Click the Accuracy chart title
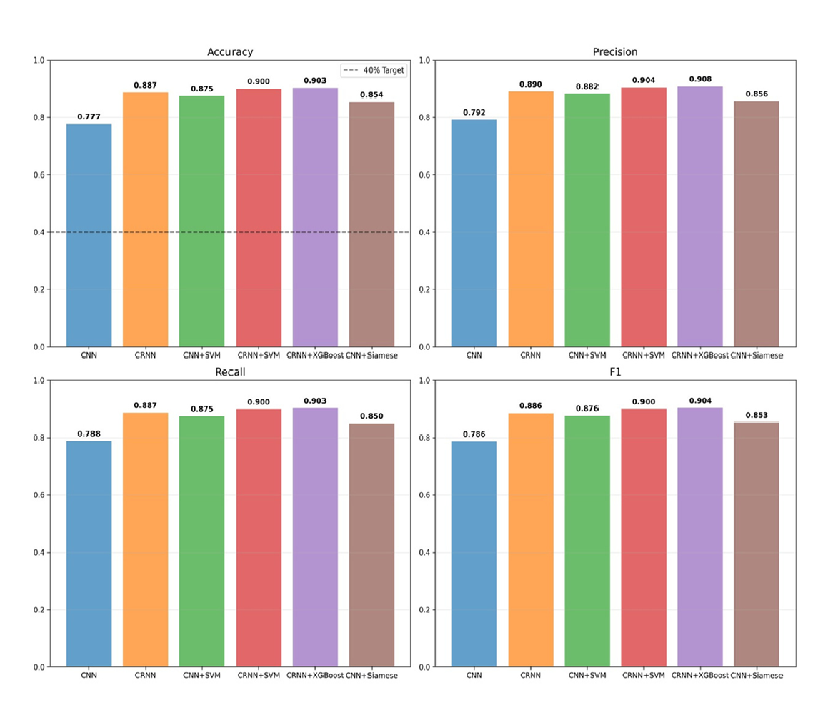(230, 52)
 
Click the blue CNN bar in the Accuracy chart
(89, 236)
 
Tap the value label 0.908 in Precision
(700, 79)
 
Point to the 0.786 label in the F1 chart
(474, 433)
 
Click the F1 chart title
(615, 372)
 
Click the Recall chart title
(230, 372)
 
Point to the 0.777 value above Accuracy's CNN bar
(89, 116)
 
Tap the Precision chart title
(615, 52)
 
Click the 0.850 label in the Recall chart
(371, 416)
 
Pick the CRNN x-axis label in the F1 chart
(531, 675)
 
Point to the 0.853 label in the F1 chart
(757, 415)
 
